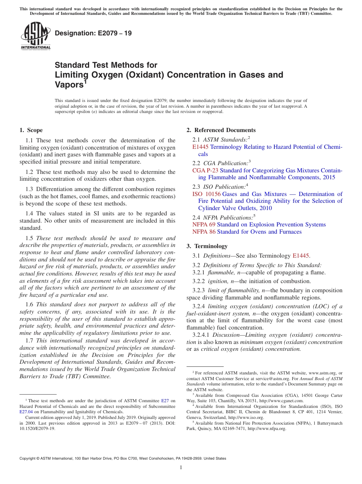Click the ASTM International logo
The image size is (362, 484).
point(35,36)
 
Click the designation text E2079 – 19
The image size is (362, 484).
point(93,33)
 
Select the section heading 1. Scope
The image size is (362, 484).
point(31,130)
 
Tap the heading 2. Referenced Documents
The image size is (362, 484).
point(221,130)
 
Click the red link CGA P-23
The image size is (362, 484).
point(205,170)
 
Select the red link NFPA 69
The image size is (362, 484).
point(203,224)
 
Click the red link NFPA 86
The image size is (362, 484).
point(203,232)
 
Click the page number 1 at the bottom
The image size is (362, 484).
point(181,468)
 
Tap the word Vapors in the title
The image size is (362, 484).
point(69,84)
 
